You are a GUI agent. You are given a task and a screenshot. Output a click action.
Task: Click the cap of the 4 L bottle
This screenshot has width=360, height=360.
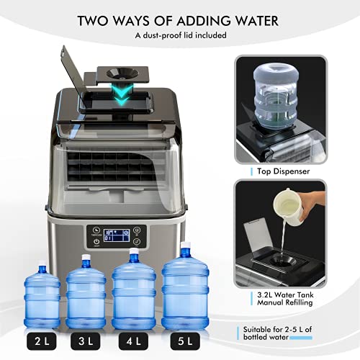pyautogui.click(x=133, y=253)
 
